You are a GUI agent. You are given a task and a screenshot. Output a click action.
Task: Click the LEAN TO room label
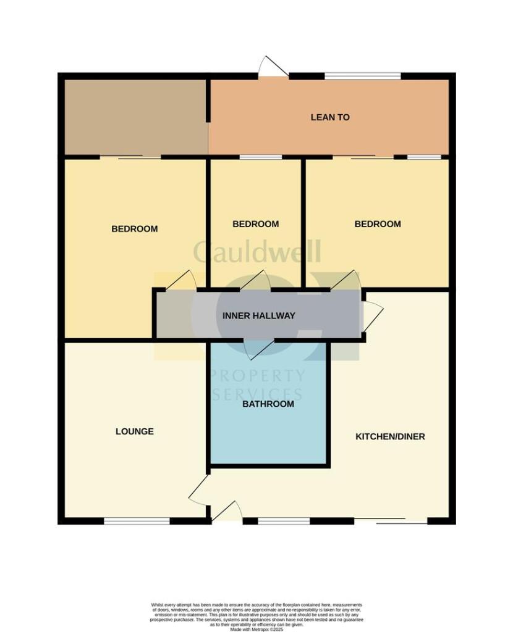click(x=330, y=117)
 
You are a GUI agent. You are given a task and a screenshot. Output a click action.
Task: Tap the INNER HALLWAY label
click(x=259, y=316)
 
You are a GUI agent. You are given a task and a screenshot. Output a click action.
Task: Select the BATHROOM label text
click(x=268, y=404)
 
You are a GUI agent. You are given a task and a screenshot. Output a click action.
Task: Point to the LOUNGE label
click(x=135, y=431)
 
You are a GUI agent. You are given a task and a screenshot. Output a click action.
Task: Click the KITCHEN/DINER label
click(x=390, y=436)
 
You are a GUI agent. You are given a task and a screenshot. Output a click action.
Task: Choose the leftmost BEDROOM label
click(x=134, y=229)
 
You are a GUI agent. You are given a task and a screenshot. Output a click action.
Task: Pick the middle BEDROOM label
click(x=255, y=224)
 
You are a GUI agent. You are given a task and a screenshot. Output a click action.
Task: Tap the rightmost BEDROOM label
click(x=377, y=224)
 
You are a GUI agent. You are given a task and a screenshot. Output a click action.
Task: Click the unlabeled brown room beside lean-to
click(x=135, y=117)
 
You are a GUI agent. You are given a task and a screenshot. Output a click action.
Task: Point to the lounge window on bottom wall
click(x=137, y=521)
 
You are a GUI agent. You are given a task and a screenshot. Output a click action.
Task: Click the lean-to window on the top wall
click(x=363, y=76)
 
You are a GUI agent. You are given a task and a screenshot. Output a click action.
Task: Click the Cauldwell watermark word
click(x=256, y=252)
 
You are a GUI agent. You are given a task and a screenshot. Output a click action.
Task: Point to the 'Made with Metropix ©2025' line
click(x=256, y=629)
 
